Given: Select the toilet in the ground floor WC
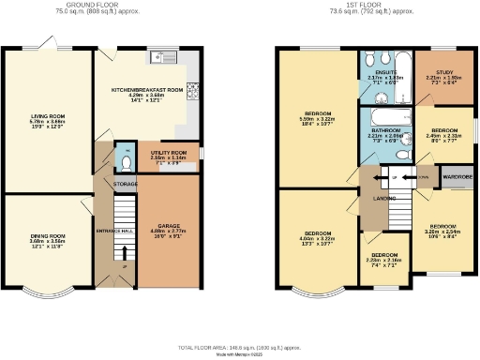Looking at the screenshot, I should point(127,160).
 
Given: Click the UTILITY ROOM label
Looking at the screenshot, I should point(170,151).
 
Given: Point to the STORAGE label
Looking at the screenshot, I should point(126,185).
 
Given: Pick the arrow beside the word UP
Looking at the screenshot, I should point(381,177).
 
